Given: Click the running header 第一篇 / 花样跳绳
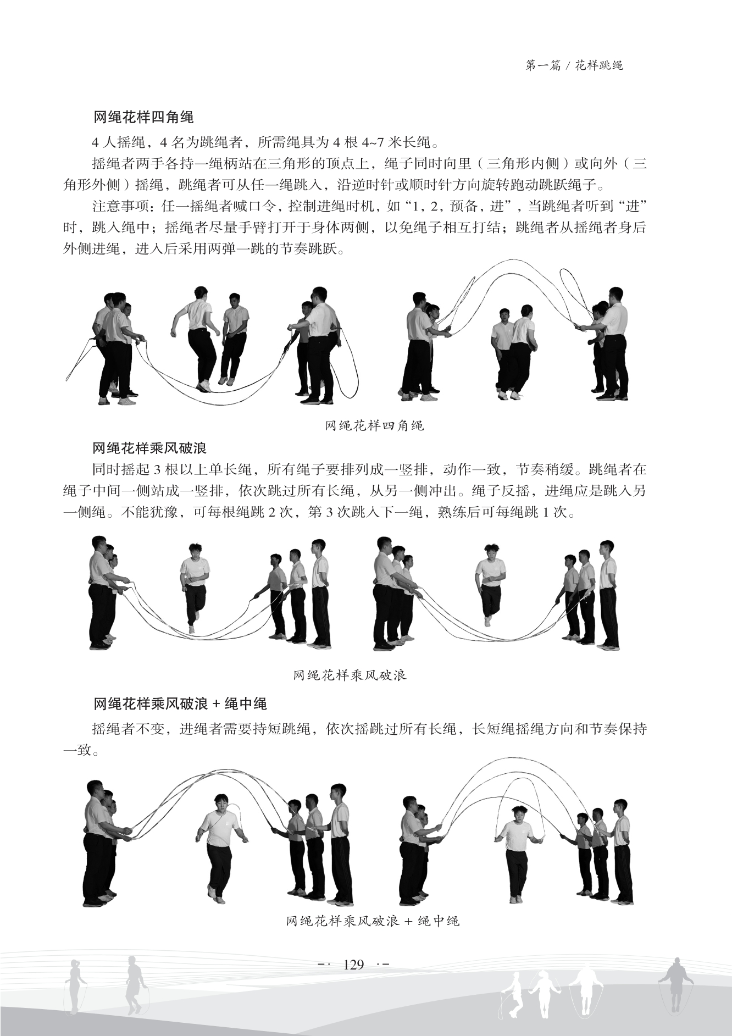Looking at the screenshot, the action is click(x=574, y=66).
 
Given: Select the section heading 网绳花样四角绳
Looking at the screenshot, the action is click(x=143, y=118).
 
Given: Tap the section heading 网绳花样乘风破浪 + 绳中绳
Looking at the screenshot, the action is click(x=180, y=703).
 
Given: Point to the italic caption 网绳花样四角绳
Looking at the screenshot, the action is click(x=374, y=425).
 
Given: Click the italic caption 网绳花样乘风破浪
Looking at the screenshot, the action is click(x=350, y=675).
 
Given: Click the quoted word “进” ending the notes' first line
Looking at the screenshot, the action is click(x=631, y=207).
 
